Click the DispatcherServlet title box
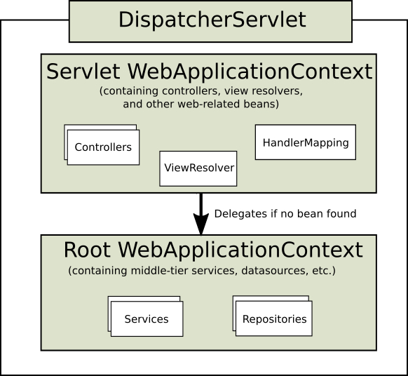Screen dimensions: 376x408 click(211, 20)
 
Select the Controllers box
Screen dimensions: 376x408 click(103, 147)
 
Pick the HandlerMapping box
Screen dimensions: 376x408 click(306, 142)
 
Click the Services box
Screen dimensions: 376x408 click(147, 319)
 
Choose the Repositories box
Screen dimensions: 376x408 click(274, 319)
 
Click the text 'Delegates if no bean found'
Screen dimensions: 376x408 click(285, 213)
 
